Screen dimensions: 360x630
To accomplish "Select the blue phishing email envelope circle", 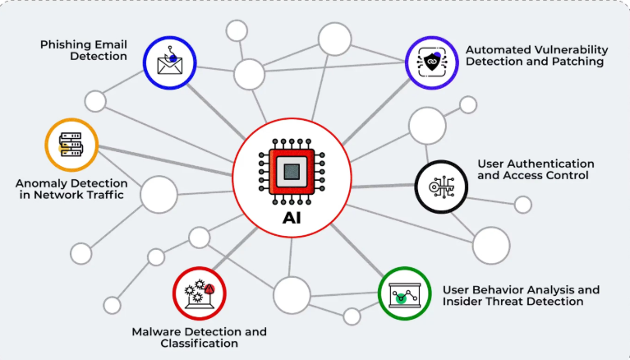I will (x=170, y=62).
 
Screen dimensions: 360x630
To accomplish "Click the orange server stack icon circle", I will (x=70, y=145).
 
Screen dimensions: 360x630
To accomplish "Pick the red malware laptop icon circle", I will (x=199, y=291).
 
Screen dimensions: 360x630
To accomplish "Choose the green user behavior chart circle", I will (x=404, y=293).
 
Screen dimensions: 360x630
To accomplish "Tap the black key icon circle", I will (x=440, y=187).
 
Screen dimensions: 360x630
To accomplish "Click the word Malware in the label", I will (x=156, y=331).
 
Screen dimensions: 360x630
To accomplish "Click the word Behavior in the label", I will (x=504, y=289).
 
